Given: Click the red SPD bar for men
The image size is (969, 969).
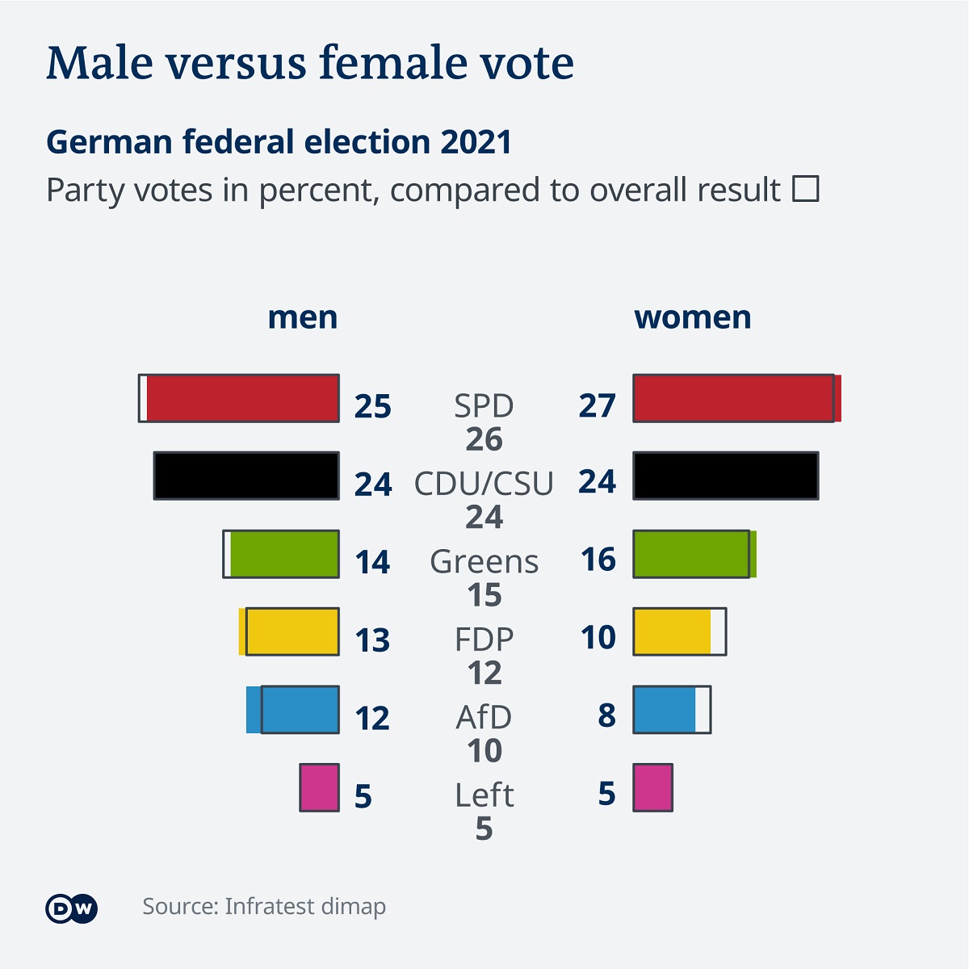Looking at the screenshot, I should pyautogui.click(x=242, y=398).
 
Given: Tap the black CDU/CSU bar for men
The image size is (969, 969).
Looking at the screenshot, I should pyautogui.click(x=246, y=476).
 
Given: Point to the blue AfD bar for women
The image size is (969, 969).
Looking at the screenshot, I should pyautogui.click(x=665, y=710).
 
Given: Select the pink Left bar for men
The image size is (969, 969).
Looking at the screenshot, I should pyautogui.click(x=320, y=787).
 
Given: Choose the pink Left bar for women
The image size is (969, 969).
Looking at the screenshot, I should pyautogui.click(x=652, y=787).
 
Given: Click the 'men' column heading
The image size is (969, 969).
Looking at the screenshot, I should pyautogui.click(x=302, y=317).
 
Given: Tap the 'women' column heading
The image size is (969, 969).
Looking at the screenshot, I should pyautogui.click(x=692, y=317).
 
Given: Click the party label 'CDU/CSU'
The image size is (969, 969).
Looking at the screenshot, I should pyautogui.click(x=484, y=484).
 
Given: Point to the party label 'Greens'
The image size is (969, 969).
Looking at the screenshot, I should pyautogui.click(x=484, y=561).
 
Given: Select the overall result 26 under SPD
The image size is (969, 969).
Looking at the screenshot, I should pyautogui.click(x=484, y=439).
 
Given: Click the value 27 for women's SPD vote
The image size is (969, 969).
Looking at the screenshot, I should pyautogui.click(x=598, y=405).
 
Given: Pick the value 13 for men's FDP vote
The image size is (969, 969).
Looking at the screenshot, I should pyautogui.click(x=372, y=640).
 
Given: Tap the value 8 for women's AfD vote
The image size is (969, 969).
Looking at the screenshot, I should pyautogui.click(x=607, y=715).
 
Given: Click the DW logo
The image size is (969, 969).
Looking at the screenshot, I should pyautogui.click(x=71, y=908).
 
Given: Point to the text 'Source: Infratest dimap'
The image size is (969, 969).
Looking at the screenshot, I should pyautogui.click(x=264, y=906).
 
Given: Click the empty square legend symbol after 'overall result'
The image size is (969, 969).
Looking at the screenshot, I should pyautogui.click(x=805, y=189).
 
